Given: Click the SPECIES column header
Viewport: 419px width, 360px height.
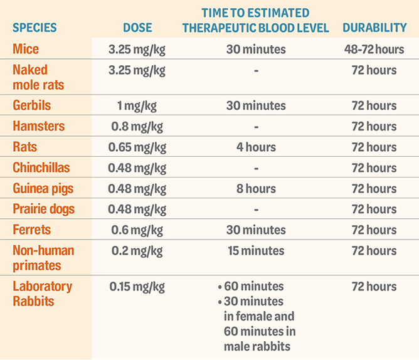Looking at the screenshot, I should click(34, 28).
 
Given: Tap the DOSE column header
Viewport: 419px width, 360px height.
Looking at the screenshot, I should click(137, 28).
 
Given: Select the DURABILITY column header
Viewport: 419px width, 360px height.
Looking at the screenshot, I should click(374, 28).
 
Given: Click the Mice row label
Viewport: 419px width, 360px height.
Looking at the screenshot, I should click(26, 49).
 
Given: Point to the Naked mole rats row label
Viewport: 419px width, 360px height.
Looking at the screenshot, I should click(38, 77).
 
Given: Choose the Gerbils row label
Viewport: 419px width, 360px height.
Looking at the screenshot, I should click(32, 105).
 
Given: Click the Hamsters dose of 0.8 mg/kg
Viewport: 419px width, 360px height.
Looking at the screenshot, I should click(137, 127).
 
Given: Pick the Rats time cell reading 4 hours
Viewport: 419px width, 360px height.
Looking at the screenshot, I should click(256, 147).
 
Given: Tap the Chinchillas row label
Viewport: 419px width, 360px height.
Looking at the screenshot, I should click(41, 168).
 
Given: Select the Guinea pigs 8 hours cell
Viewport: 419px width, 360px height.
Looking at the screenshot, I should click(256, 189).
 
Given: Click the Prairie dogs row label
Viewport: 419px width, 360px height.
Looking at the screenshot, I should click(43, 209).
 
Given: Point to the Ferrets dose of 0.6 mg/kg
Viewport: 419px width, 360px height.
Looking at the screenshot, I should click(137, 230).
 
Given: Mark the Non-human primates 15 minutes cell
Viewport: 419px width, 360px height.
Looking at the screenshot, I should click(256, 251).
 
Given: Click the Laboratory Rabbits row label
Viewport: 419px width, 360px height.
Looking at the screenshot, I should click(43, 294).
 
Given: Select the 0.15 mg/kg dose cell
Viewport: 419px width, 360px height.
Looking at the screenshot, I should click(137, 287).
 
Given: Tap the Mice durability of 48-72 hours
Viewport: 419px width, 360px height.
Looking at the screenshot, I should click(374, 50).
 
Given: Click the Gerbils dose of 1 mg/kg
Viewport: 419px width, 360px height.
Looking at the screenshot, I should click(137, 106).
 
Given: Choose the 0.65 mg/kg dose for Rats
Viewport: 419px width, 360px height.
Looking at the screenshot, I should click(137, 147).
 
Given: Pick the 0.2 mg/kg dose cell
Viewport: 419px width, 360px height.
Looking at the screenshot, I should click(137, 251).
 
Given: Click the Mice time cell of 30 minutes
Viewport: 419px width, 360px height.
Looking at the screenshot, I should click(256, 50).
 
